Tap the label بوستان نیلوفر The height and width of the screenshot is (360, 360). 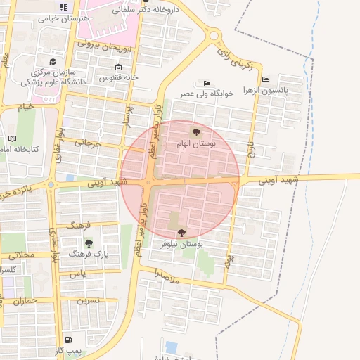point(181,244)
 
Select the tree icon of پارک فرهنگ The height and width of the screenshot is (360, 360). point(89,243)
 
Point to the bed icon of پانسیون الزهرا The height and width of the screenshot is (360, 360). point(264,79)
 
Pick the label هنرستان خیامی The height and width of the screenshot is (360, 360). point(63,18)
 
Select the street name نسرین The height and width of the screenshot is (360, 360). point(88,300)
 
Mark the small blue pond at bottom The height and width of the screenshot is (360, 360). point(171,347)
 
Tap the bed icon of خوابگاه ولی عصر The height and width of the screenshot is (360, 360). point(206,82)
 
